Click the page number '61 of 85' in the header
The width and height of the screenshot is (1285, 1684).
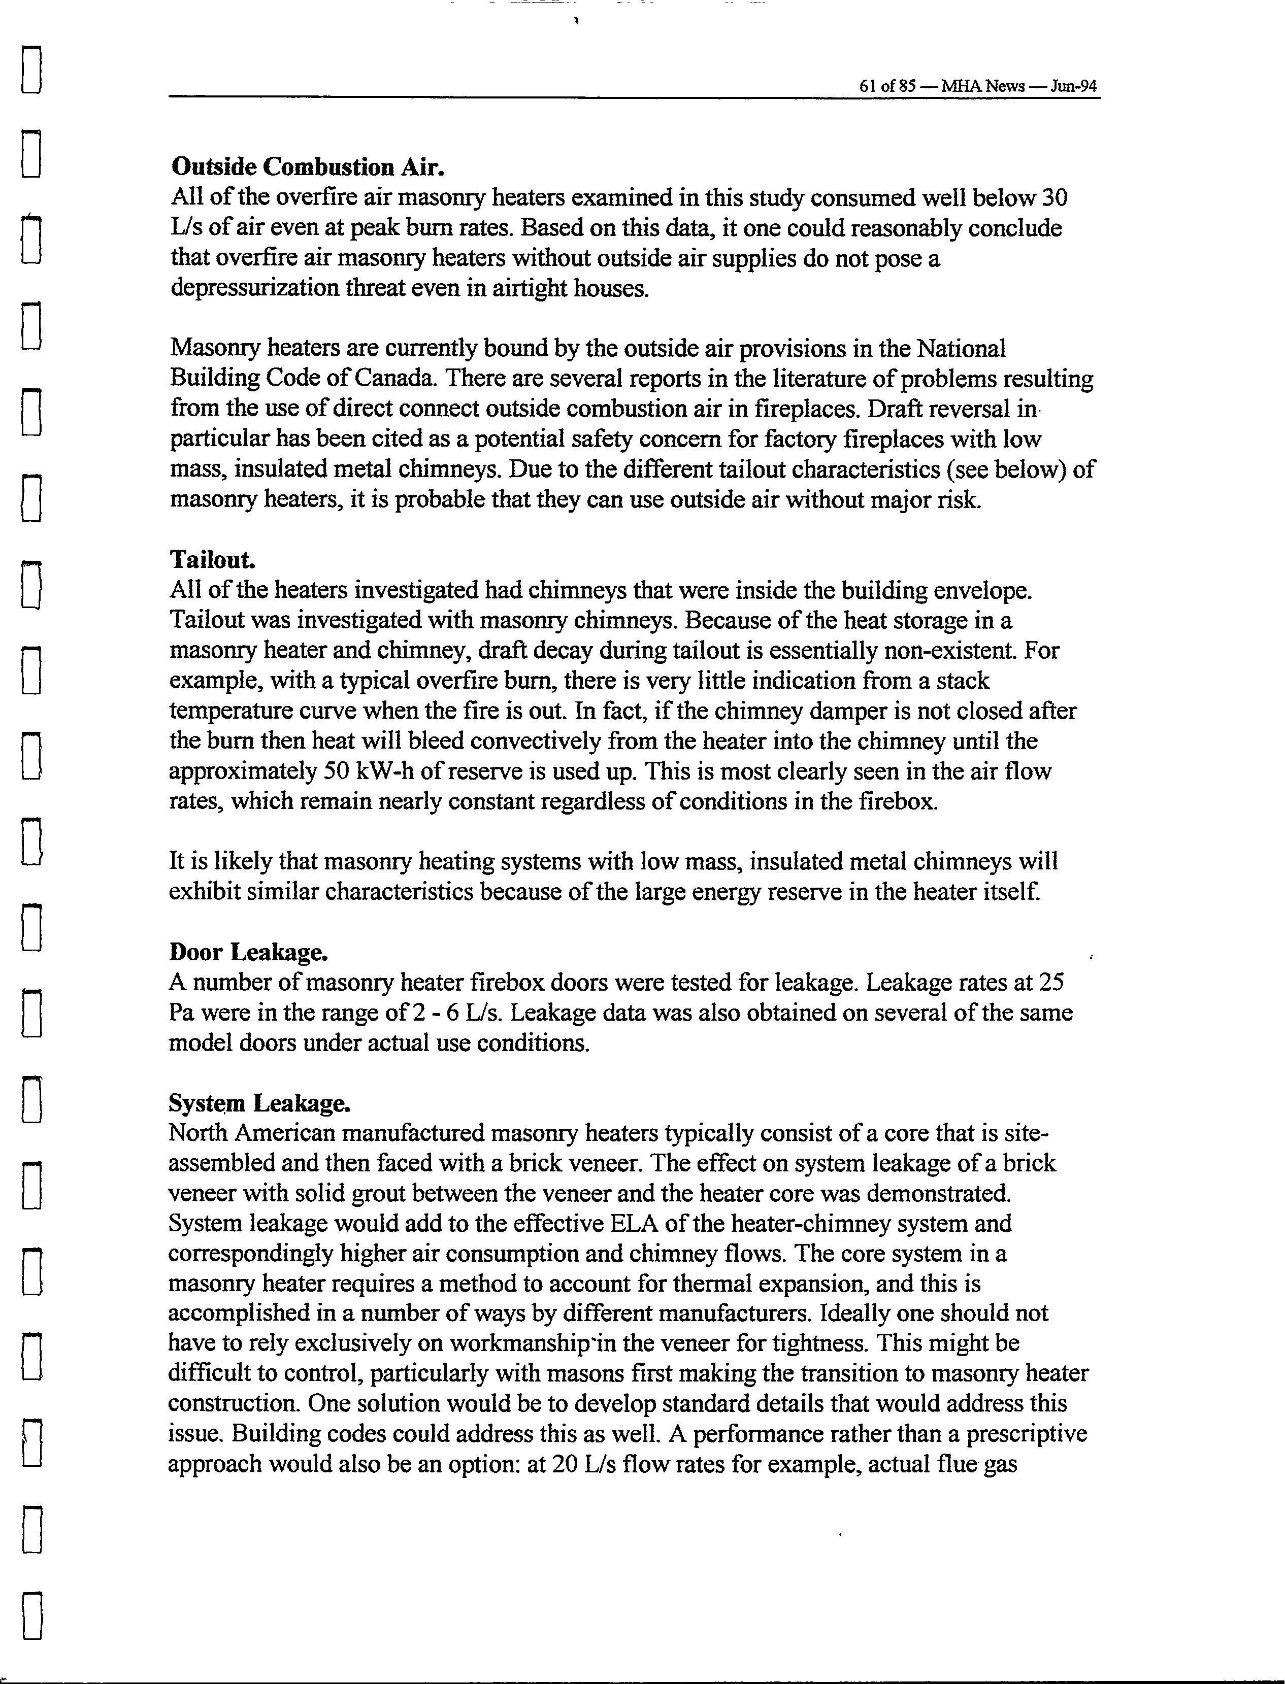(887, 86)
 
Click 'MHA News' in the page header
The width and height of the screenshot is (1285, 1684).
(983, 86)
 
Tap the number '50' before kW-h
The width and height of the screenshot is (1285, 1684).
(337, 771)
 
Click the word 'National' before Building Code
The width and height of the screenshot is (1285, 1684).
(961, 349)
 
